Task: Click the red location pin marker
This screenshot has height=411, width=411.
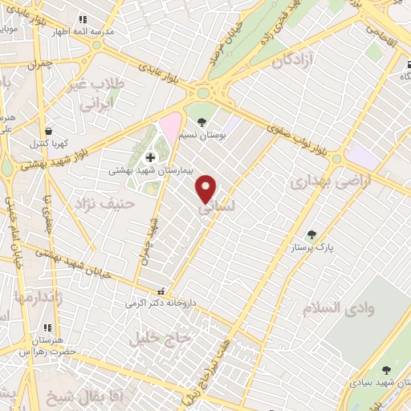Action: pos(206,188)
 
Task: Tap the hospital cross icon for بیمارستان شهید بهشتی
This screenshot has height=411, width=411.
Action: pos(150,157)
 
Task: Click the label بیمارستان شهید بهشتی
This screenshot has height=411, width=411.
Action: pos(149,171)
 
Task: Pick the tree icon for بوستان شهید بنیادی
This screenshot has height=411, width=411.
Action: pos(386,369)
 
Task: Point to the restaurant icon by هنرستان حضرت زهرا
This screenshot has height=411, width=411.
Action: pos(47,328)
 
